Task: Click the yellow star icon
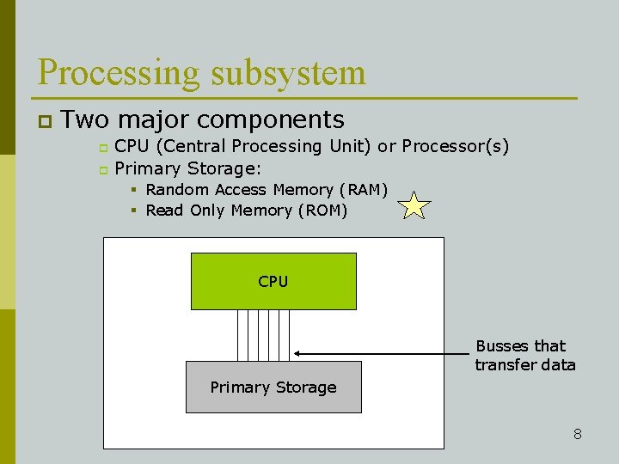pos(414,206)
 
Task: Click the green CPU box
pos(273,281)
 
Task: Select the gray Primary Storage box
pos(273,388)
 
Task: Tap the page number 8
pos(578,434)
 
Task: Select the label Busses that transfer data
pos(524,356)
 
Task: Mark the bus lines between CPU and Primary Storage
pos(263,335)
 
